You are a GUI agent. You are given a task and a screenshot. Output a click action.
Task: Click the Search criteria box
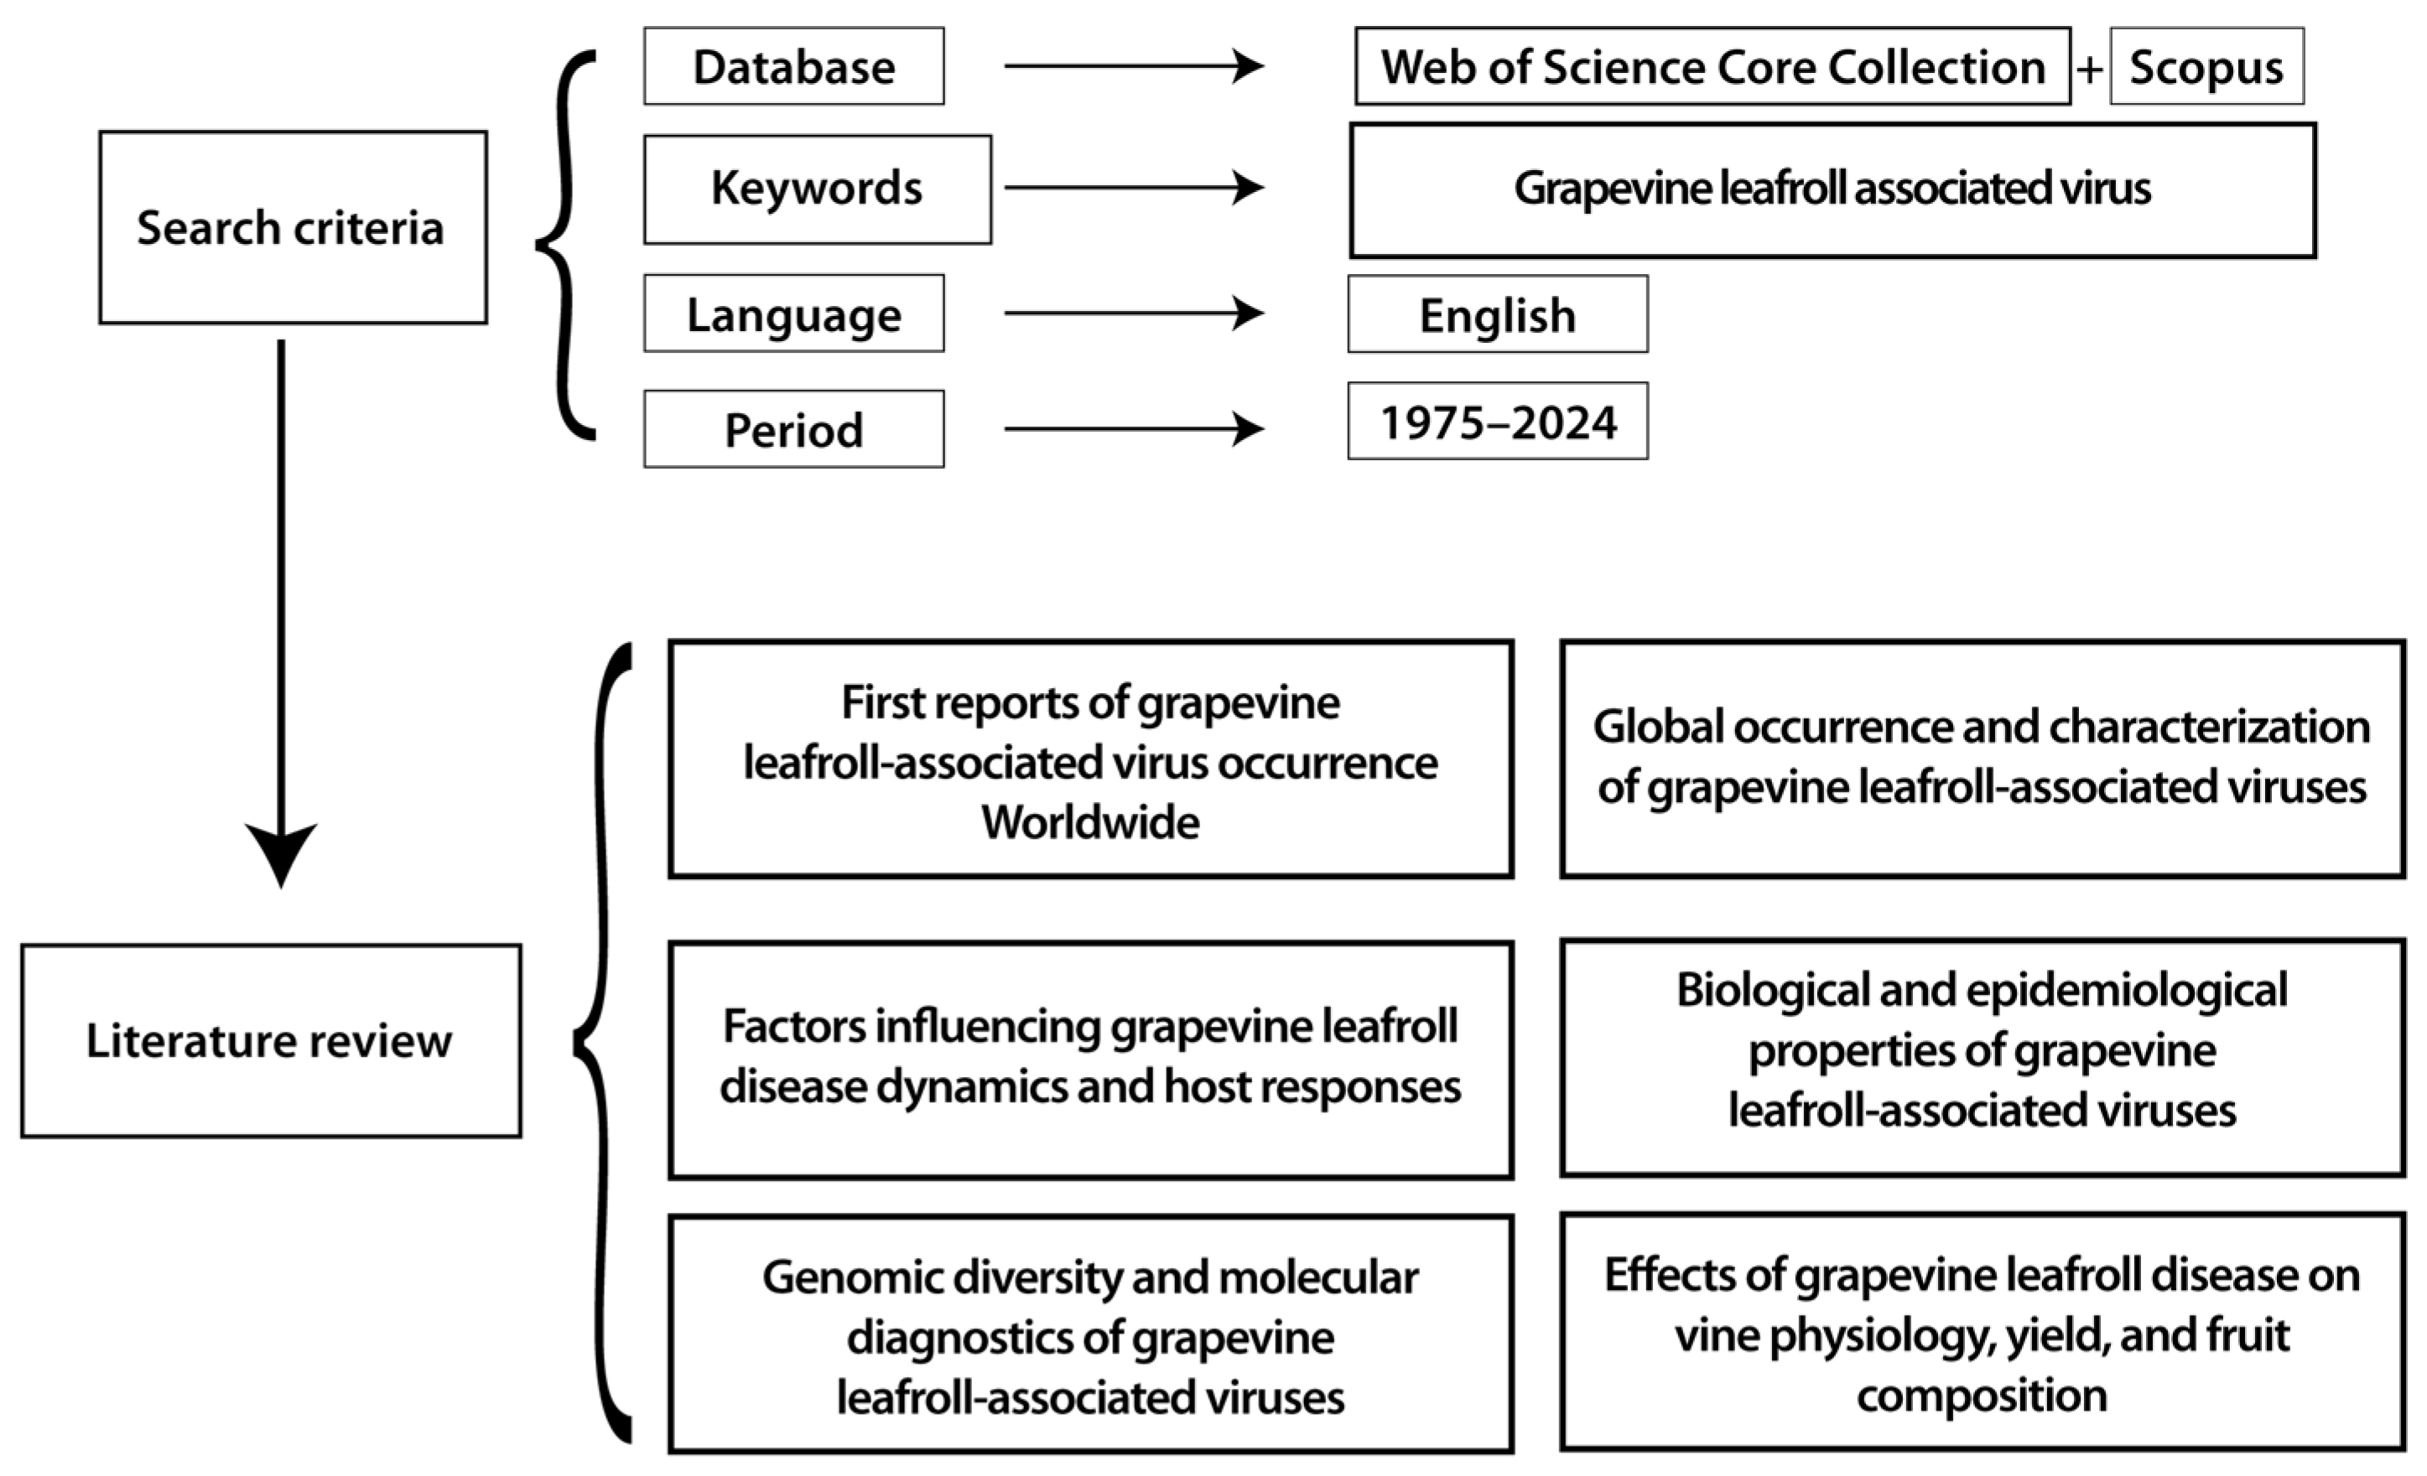click(x=293, y=227)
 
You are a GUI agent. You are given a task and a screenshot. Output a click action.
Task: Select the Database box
click(x=794, y=67)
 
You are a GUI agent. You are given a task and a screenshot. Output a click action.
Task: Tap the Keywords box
click(x=818, y=189)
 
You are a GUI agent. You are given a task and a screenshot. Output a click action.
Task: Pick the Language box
click(x=794, y=314)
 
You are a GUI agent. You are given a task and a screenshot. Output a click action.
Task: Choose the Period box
click(x=794, y=429)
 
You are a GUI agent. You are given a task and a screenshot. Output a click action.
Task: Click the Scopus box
click(x=2206, y=67)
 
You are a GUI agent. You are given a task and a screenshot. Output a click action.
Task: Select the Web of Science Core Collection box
click(x=1712, y=67)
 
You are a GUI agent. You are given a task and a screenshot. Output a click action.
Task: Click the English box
click(x=1497, y=314)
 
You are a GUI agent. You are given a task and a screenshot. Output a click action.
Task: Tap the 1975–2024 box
click(x=1497, y=422)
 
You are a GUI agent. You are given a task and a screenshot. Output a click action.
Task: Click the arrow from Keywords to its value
click(x=1133, y=187)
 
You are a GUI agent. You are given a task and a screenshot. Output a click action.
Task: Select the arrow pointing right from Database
click(x=1133, y=66)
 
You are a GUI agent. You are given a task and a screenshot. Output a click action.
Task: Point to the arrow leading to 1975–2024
click(x=1133, y=428)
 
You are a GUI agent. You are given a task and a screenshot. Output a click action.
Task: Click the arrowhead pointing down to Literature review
click(x=281, y=852)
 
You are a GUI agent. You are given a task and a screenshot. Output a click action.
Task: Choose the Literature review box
click(x=271, y=1041)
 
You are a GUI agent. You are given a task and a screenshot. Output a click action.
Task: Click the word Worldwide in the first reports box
click(x=1090, y=822)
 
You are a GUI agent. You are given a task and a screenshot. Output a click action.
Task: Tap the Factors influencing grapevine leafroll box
click(x=1090, y=1059)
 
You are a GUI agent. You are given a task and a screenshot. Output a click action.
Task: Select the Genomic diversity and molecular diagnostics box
click(x=1090, y=1334)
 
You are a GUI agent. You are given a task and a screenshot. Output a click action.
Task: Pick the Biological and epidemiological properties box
click(x=1982, y=1057)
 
